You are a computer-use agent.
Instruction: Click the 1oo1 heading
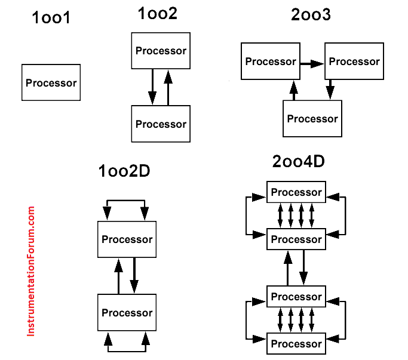point(51,18)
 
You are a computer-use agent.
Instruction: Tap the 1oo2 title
point(158,14)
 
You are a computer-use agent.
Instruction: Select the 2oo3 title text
point(311,14)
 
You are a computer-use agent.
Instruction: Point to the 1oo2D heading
point(124,171)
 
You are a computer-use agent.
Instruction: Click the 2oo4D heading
point(299,161)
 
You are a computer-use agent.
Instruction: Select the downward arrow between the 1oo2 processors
point(152,87)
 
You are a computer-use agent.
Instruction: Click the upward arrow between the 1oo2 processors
point(168,87)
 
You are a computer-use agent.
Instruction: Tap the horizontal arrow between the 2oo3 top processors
point(312,63)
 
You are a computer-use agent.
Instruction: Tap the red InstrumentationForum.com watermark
point(30,271)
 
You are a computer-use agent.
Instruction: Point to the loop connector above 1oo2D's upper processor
point(126,200)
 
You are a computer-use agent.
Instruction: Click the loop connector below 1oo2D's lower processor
point(127,352)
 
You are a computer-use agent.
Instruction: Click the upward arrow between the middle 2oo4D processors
point(288,268)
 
